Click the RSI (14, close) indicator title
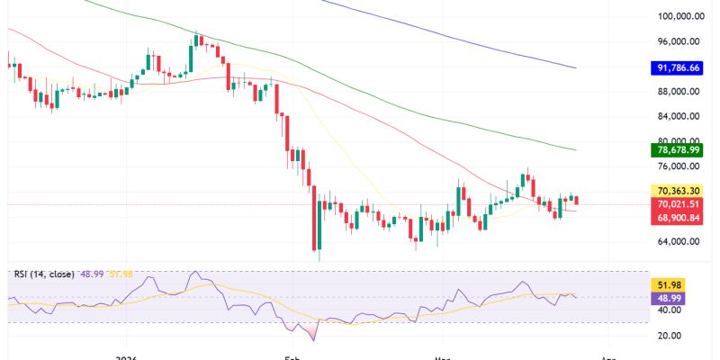click(x=42, y=274)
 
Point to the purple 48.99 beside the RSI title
click(x=93, y=274)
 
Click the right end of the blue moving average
click(x=576, y=67)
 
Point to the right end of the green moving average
click(x=576, y=149)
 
